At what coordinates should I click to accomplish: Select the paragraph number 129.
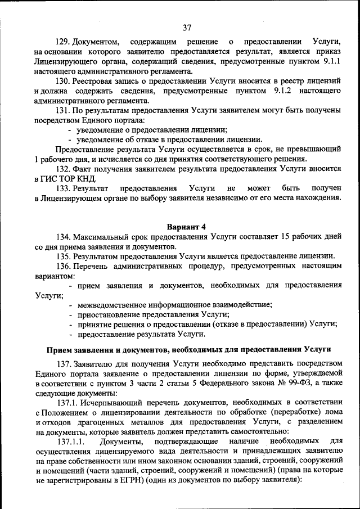coord(62,42)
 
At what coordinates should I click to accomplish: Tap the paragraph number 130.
coord(62,82)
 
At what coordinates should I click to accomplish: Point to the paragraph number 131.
coord(62,111)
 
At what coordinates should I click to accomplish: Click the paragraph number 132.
coord(62,169)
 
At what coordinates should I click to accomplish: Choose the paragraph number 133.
coord(62,188)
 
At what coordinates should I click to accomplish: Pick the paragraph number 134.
coord(62,236)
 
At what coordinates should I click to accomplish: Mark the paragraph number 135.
coord(62,256)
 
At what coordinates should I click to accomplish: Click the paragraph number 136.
coord(62,266)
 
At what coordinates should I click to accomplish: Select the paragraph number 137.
coord(62,363)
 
